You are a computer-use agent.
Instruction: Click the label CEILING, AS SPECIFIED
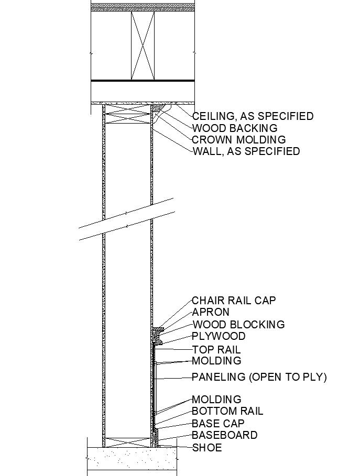pyautogui.click(x=253, y=116)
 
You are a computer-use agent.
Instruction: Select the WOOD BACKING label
pyautogui.click(x=235, y=128)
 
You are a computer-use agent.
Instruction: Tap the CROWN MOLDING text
pyautogui.click(x=239, y=140)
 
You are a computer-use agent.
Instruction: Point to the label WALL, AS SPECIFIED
pyautogui.click(x=246, y=151)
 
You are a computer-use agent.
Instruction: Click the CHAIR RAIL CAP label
pyautogui.click(x=233, y=301)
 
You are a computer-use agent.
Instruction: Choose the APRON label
pyautogui.click(x=211, y=312)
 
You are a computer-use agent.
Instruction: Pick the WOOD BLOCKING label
pyautogui.click(x=238, y=325)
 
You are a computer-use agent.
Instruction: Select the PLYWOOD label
pyautogui.click(x=219, y=336)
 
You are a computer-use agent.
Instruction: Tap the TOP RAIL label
pyautogui.click(x=216, y=350)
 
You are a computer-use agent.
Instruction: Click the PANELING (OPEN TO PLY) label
pyautogui.click(x=259, y=377)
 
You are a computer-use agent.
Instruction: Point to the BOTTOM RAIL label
pyautogui.click(x=227, y=412)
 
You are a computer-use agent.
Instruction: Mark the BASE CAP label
pyautogui.click(x=218, y=424)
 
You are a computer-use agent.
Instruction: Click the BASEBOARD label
pyautogui.click(x=224, y=435)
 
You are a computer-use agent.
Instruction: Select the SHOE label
pyautogui.click(x=207, y=448)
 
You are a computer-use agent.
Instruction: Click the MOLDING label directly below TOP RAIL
pyautogui.click(x=216, y=361)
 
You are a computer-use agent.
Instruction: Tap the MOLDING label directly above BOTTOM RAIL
pyautogui.click(x=216, y=400)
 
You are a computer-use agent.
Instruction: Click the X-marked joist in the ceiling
pyautogui.click(x=143, y=46)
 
